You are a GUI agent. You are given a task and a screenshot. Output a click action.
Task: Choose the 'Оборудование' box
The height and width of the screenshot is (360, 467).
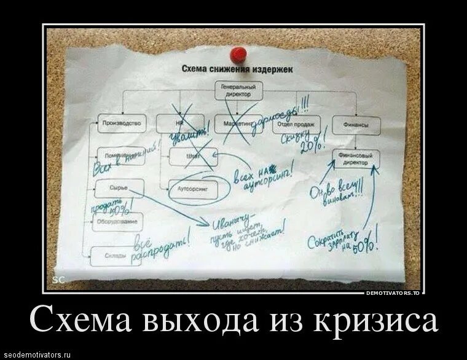pos(117,221)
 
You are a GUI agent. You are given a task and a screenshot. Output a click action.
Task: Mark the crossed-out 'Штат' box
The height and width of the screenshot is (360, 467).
pos(191,156)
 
